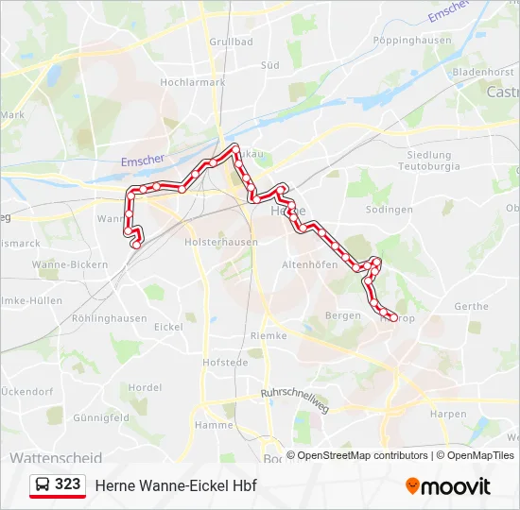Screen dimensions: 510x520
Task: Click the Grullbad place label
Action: [x=231, y=42]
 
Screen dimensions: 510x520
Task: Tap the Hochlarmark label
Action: [x=193, y=82]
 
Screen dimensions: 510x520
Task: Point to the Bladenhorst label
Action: [x=456, y=71]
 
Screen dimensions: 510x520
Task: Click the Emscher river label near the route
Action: [x=143, y=161]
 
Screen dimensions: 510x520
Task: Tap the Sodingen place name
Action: [x=389, y=210]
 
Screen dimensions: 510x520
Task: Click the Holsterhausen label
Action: [x=222, y=242]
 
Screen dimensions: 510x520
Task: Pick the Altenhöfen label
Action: [x=310, y=265]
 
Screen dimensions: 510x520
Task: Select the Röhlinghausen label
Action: [x=109, y=318]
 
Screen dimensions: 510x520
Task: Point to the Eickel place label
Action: [x=168, y=327]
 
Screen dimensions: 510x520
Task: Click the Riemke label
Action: [x=269, y=335]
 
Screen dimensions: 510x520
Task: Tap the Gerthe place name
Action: [x=471, y=307]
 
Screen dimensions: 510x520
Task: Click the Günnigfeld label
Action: [x=100, y=416]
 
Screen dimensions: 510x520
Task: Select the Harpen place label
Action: [x=447, y=414]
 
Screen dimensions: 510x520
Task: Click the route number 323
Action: [x=67, y=484]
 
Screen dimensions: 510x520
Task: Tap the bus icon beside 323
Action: [x=43, y=484]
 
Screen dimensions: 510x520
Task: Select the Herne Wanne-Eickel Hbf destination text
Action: [x=176, y=485]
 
